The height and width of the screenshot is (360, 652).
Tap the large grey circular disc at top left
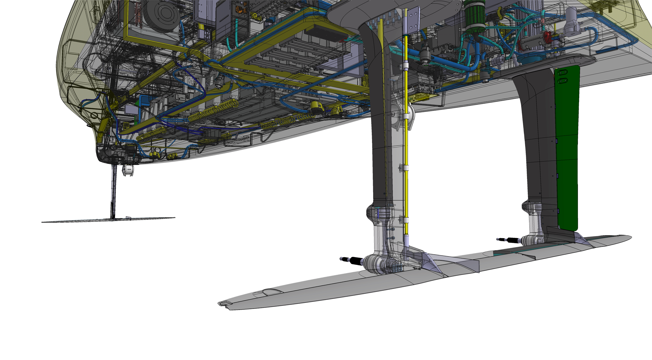coord(162,13)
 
